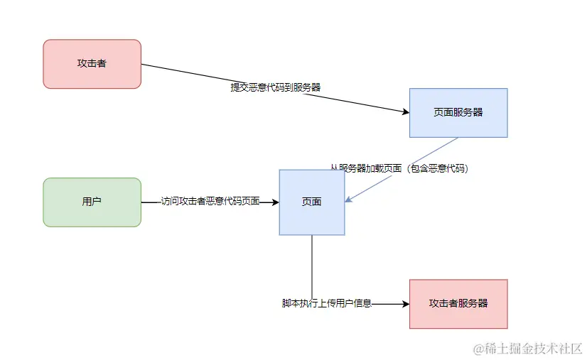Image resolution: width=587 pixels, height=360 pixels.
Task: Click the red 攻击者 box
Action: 92,64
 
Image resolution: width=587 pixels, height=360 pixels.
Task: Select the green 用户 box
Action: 92,202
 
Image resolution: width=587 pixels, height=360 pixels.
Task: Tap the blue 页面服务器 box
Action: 458,112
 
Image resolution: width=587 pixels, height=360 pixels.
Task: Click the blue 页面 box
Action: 311,202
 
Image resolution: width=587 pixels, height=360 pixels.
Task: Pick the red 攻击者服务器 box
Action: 458,303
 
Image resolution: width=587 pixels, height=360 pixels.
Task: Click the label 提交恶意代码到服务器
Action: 275,87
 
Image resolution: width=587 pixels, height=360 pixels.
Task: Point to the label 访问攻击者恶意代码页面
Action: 210,202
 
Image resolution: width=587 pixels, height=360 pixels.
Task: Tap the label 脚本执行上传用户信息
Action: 326,303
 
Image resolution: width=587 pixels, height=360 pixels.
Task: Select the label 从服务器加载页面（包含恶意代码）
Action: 399,168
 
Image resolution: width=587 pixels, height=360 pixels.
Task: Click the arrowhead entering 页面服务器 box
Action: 405,112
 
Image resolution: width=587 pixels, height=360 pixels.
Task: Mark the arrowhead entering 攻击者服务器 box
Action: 406,304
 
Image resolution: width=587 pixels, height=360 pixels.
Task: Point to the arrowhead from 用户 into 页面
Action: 275,202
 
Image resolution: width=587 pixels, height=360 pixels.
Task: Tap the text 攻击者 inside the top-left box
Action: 92,64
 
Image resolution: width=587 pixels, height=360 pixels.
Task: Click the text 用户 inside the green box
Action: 92,202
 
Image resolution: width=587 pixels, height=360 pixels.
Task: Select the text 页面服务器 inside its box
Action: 458,112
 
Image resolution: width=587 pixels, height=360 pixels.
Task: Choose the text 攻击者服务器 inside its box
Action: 458,303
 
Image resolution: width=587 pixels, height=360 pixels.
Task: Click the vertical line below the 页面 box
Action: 312,263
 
